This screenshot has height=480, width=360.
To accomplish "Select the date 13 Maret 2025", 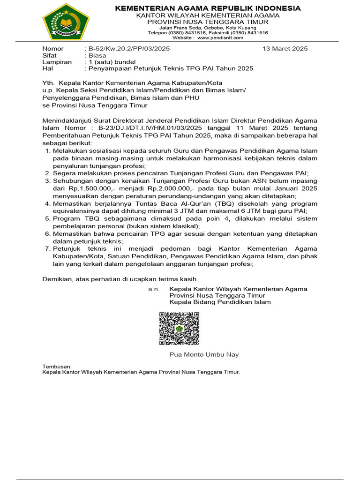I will click(x=285, y=49).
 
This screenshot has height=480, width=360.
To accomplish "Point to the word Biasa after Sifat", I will click(x=97, y=55).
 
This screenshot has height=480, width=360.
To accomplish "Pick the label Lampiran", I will click(x=57, y=62).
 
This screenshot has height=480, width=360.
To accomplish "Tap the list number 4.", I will click(x=47, y=203).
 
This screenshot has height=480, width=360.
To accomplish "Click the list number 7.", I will click(x=47, y=249).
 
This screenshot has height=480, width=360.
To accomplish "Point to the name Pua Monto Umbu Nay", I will click(x=204, y=354).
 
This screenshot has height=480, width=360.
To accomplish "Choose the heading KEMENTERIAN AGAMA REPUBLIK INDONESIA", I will click(x=208, y=8).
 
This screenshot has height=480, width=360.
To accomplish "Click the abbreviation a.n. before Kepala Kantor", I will click(x=154, y=289).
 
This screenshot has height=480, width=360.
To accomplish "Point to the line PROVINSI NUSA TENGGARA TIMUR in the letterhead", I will click(x=208, y=22).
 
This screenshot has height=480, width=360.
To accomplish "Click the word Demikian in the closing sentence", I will click(x=57, y=279).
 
